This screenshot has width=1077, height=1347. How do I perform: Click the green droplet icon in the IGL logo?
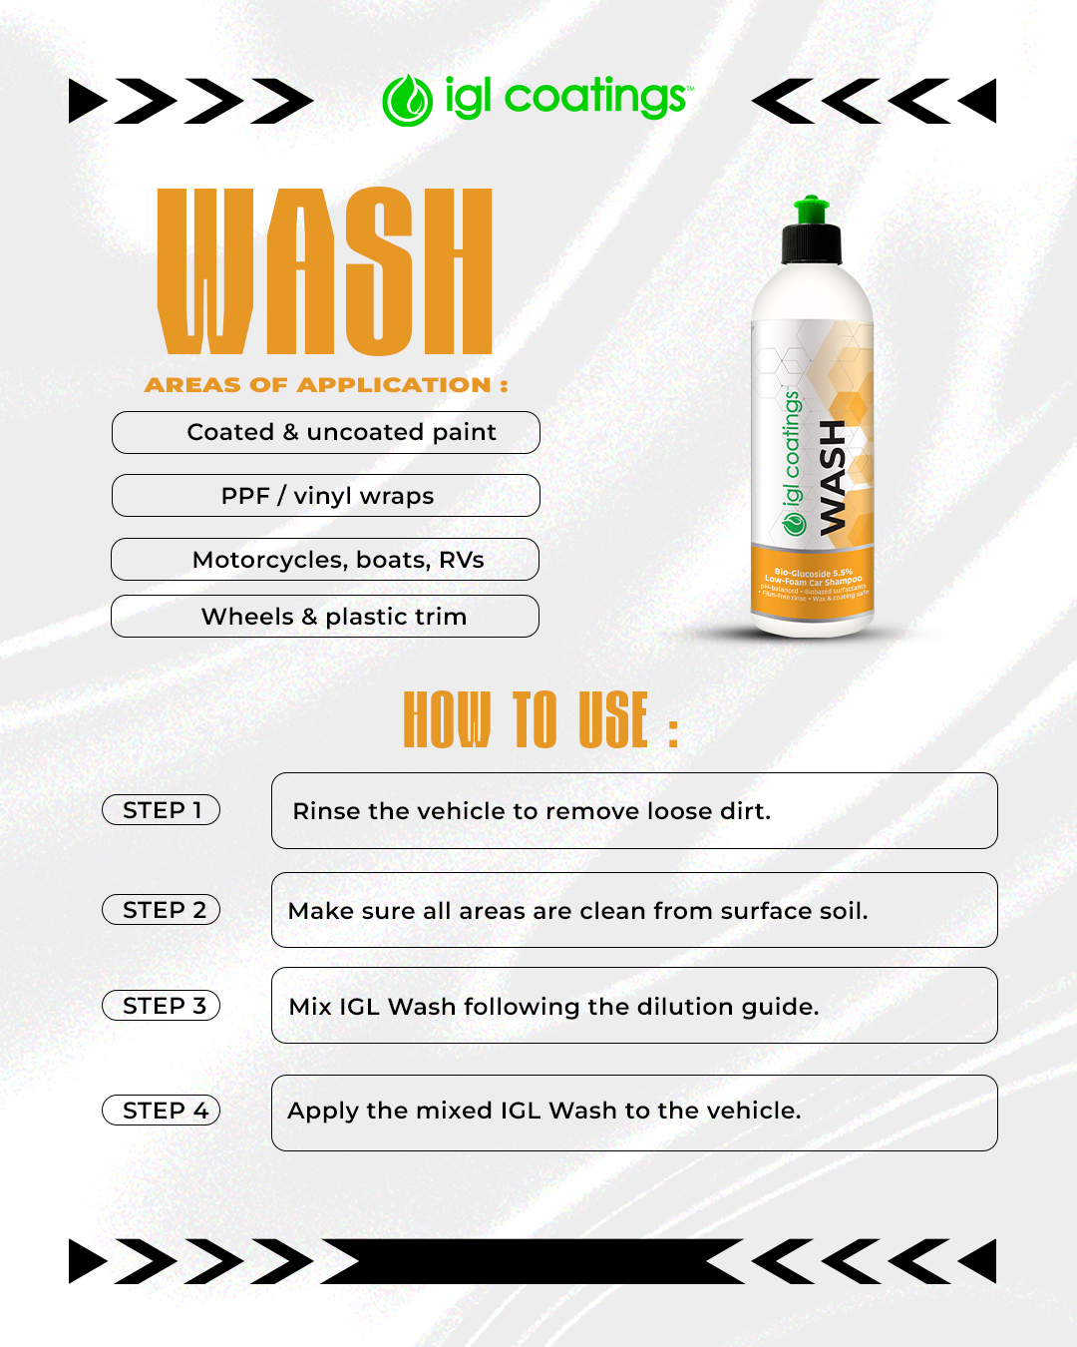pos(407,101)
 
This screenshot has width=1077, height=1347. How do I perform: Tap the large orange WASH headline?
pos(325,271)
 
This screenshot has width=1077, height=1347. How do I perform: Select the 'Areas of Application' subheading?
pos(326,385)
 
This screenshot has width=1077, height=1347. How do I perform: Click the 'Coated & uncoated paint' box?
pos(326,432)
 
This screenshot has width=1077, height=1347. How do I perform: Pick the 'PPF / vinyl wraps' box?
pos(326,496)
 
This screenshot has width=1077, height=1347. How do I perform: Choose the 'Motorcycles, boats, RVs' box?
pos(326,560)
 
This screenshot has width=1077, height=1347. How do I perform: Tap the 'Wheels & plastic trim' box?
pos(326,617)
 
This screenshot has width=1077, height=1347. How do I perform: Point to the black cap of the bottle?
pos(811,244)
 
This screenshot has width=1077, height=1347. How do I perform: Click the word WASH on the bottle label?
pos(832,477)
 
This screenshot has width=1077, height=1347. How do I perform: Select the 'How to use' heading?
pos(539,719)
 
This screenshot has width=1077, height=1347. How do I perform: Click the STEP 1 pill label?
pos(162,810)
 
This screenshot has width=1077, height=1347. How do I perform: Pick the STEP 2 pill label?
pos(162,910)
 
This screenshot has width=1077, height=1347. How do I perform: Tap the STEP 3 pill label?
pos(162,1006)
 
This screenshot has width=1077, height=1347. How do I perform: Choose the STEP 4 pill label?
pos(162,1111)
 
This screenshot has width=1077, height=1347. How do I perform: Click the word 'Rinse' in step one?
pos(326,811)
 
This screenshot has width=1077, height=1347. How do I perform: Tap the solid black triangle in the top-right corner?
pos(981,101)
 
